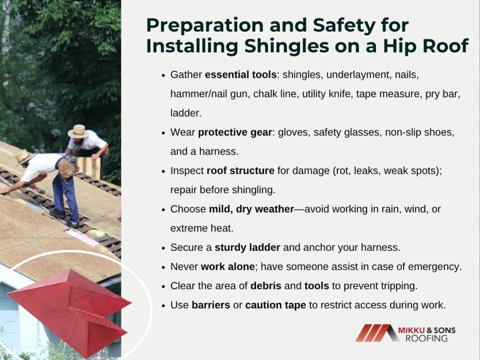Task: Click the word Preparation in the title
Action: [x=205, y=25]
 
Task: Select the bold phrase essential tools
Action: [x=240, y=75]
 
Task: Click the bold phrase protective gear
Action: [x=235, y=133]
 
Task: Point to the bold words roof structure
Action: [x=240, y=171]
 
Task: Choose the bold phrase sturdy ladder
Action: [x=247, y=247]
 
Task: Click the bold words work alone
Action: [x=228, y=267]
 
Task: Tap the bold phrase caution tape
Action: [x=276, y=305]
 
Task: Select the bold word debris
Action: [x=266, y=286]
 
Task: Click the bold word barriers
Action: [x=211, y=305]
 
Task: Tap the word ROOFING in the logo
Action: [x=427, y=338]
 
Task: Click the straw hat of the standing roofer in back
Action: [x=78, y=131]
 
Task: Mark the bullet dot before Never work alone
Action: [x=164, y=267]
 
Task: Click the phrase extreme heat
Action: [x=202, y=228]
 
